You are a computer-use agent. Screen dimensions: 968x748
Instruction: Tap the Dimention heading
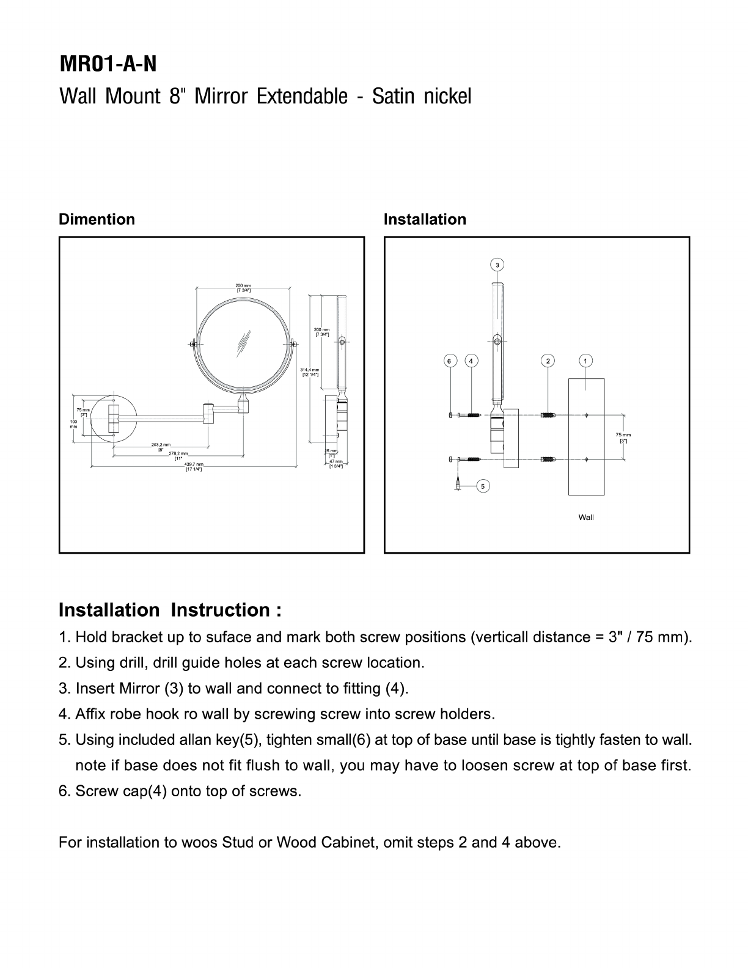(97, 219)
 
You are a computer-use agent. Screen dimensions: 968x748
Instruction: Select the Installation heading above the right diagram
(425, 219)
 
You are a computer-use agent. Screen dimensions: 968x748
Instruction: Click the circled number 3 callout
(497, 265)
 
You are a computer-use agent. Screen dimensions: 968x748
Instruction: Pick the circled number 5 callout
(483, 486)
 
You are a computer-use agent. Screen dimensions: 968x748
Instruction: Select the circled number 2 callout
(548, 361)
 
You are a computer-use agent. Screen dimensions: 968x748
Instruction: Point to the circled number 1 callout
(585, 361)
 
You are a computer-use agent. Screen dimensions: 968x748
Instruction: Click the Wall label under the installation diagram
(585, 518)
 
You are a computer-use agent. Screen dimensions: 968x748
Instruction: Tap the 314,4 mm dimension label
(310, 372)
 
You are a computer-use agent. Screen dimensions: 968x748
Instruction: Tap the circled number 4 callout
(471, 361)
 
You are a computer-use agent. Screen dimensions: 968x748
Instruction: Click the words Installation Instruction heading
(170, 610)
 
